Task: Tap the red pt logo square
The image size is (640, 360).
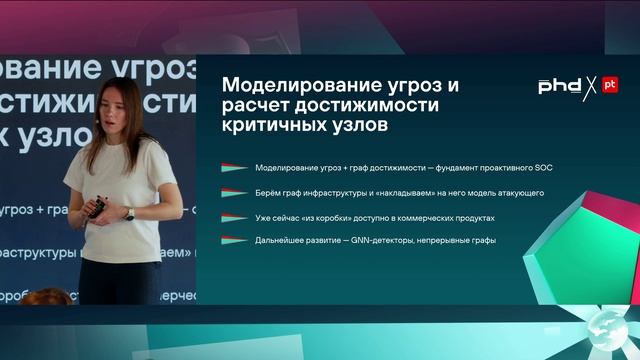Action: pos(609,86)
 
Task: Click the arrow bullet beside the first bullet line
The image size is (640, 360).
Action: pos(234,166)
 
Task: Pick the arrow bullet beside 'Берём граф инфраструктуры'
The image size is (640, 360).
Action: pos(234,191)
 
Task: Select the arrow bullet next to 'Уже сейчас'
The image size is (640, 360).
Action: pos(234,216)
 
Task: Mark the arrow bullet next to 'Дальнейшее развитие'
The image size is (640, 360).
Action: pos(234,240)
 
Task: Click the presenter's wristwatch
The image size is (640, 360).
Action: pos(129,213)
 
